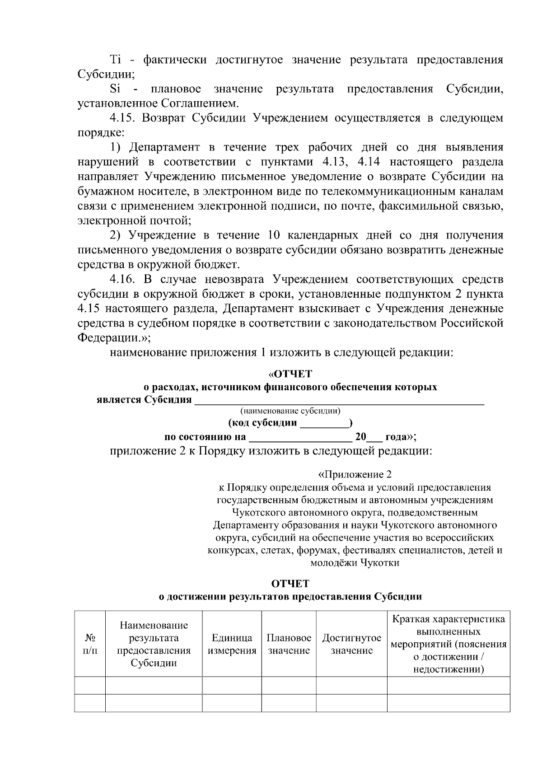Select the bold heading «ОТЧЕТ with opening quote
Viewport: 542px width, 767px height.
(290, 374)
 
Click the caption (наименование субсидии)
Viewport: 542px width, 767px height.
(290, 411)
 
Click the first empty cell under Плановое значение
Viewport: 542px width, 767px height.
(289, 686)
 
